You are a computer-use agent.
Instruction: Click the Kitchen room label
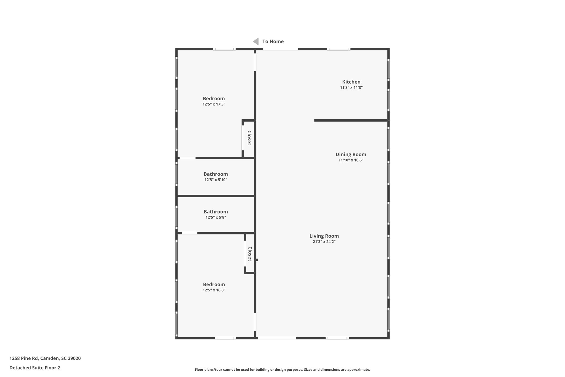coord(351,82)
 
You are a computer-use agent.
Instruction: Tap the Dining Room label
coord(351,154)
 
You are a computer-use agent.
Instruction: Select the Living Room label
coord(324,236)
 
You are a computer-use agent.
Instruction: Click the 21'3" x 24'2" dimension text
coord(324,242)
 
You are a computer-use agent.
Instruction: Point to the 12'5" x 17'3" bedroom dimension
coord(214,104)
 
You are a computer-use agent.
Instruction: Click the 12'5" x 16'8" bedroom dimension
coord(214,290)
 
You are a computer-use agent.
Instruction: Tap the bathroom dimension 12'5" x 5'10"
coord(216,180)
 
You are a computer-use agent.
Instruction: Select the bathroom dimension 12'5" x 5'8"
coord(216,217)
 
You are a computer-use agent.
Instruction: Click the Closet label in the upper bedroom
coord(249,138)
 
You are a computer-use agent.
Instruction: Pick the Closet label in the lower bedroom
coord(250,254)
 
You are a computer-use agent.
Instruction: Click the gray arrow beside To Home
coord(256,41)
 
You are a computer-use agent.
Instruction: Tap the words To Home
coord(273,41)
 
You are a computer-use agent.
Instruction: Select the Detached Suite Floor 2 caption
coord(35,368)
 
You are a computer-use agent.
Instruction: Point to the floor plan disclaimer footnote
coord(282,370)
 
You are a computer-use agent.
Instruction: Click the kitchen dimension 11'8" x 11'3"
coord(351,88)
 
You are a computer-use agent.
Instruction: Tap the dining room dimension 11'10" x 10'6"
coord(351,160)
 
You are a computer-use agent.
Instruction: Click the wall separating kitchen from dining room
coord(351,120)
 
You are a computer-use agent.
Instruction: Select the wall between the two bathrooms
coord(216,196)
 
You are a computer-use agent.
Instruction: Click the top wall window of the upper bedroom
coord(224,49)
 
